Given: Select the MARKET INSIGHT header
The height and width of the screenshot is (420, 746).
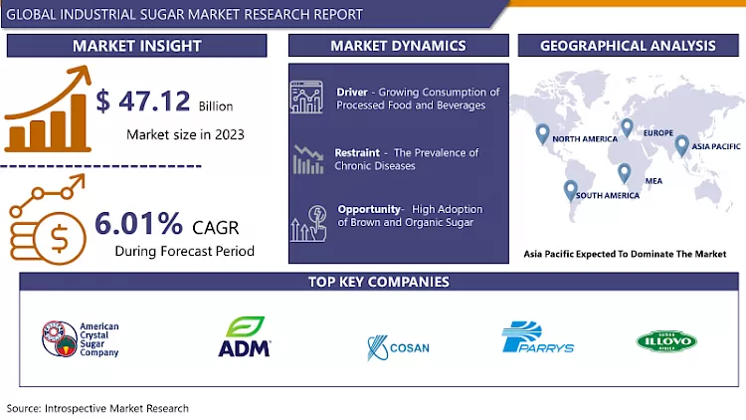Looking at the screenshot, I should coord(136,46).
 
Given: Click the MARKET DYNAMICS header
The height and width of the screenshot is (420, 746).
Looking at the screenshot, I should coord(398,46).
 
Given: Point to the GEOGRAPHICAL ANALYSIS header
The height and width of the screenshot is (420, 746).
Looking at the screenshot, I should coord(627,46).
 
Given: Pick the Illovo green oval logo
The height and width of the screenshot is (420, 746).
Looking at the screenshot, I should coord(665,341).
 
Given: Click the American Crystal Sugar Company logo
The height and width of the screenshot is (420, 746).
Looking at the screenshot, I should coord(81,338).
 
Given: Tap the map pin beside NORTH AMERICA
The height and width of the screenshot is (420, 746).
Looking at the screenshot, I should coord(542,133).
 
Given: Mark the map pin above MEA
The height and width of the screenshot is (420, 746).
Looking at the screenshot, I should coord(624,172).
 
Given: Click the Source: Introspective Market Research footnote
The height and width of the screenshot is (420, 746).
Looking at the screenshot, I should coord(97,408).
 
